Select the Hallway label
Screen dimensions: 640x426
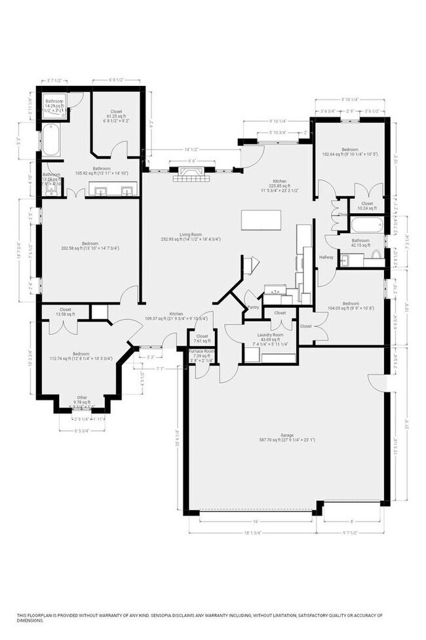pos(326,257)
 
